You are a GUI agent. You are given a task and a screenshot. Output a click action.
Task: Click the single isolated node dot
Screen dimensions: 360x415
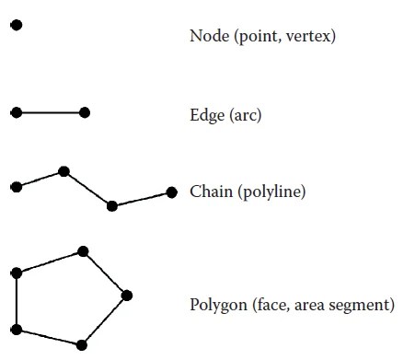tap(16, 25)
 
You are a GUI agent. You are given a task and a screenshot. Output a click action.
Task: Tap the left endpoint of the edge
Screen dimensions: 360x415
tap(16, 112)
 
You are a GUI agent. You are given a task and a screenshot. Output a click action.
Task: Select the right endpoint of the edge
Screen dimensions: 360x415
tap(85, 112)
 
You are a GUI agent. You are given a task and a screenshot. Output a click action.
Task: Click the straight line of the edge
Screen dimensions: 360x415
tap(51, 112)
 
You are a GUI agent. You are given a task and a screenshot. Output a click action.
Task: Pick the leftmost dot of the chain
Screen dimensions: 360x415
tap(16, 187)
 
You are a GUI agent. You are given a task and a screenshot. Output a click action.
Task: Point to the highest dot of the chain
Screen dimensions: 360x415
tap(63, 170)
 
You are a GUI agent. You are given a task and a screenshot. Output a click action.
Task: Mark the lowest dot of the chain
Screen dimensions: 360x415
tap(111, 205)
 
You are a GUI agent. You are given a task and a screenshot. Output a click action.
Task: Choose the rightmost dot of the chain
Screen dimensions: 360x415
tap(171, 192)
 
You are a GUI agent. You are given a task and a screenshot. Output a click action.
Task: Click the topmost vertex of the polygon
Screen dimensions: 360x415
tap(83, 250)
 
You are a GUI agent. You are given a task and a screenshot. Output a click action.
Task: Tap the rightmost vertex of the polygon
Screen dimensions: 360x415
tap(127, 295)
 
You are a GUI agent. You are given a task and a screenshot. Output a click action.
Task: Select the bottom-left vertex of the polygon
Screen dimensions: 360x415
tap(16, 329)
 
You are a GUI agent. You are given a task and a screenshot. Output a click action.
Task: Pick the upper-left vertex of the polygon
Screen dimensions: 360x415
tap(16, 273)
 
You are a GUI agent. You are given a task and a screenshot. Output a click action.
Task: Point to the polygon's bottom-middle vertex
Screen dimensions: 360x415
tap(82, 345)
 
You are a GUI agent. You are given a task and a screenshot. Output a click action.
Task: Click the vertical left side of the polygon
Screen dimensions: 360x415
tap(16, 301)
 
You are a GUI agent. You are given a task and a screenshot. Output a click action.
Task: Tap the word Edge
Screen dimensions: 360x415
tap(206, 116)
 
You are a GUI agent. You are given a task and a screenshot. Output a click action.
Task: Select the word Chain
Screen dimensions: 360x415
tap(210, 192)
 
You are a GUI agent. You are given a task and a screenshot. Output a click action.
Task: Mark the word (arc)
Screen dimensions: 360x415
tap(244, 116)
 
